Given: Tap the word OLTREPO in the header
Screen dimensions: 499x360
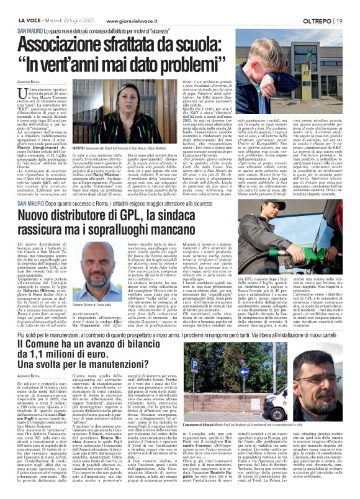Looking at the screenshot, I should click(322, 6).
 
